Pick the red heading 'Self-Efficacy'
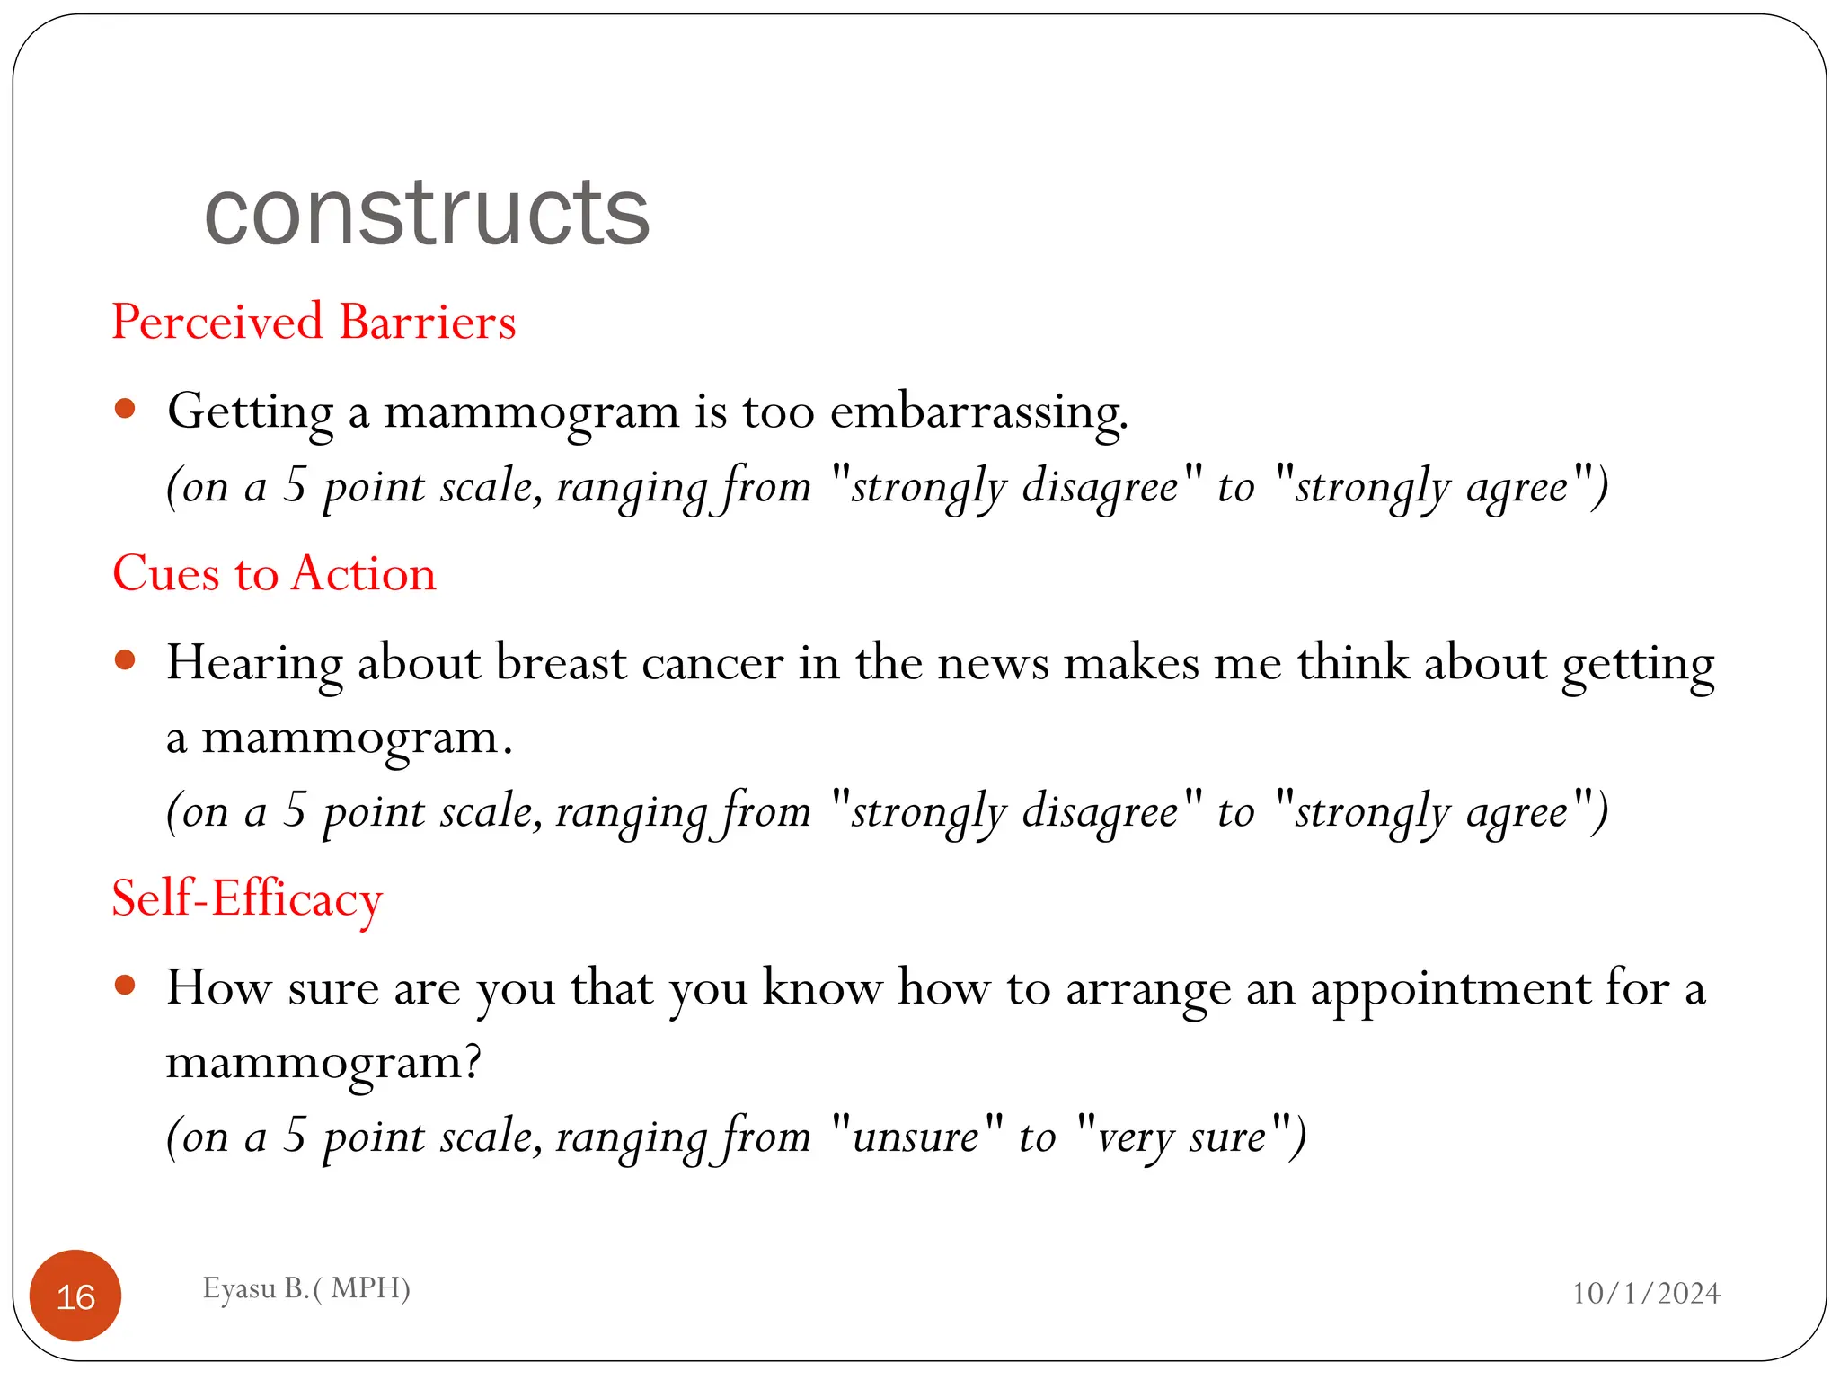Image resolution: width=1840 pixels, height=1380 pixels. [247, 898]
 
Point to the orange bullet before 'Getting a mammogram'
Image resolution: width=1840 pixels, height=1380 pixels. [125, 410]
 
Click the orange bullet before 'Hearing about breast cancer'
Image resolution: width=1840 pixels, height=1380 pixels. [125, 661]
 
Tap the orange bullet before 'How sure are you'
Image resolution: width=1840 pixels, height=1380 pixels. [125, 986]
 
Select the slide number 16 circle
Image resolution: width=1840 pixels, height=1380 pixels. [75, 1296]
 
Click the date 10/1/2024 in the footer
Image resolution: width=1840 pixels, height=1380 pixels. [1646, 1293]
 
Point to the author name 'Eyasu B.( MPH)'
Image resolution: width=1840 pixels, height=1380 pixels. [306, 1287]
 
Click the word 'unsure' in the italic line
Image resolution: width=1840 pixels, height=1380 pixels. [916, 1137]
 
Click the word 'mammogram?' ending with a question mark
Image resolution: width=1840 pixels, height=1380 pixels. [323, 1063]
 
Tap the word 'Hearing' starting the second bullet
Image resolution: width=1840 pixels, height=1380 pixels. [254, 665]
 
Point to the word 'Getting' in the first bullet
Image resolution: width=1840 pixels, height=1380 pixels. [251, 413]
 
